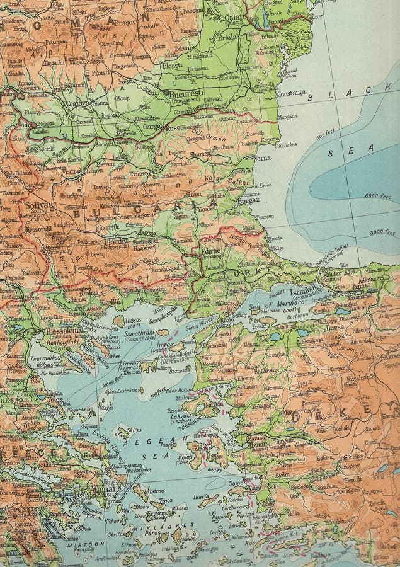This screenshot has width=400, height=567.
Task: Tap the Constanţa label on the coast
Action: coord(292,93)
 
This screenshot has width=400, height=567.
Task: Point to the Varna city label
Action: coord(262,157)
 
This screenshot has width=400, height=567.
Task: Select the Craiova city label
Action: coord(79,103)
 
